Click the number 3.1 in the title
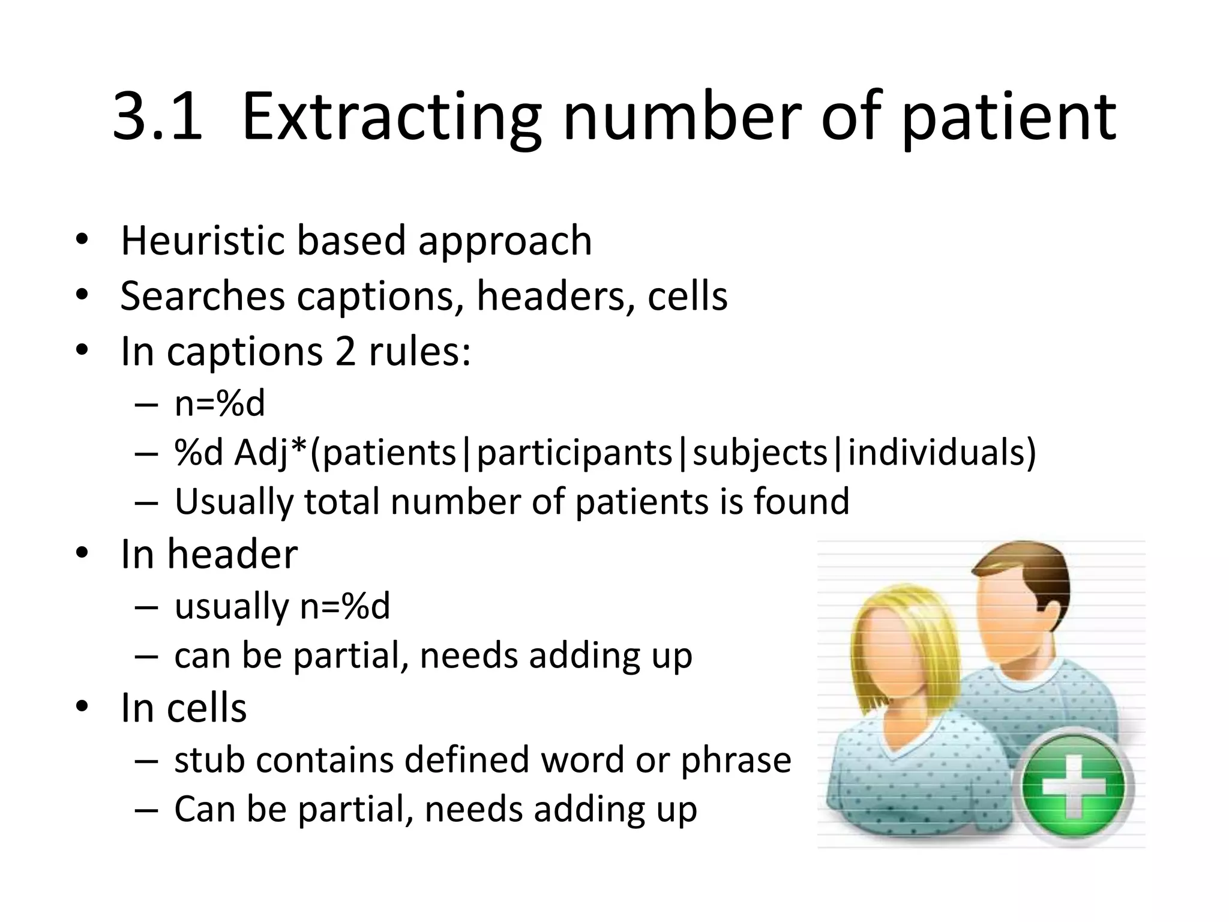tap(157, 117)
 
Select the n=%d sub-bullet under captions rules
tap(220, 403)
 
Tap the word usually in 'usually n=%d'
tap(232, 606)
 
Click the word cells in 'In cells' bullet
tap(206, 708)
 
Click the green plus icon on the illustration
tap(1074, 787)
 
